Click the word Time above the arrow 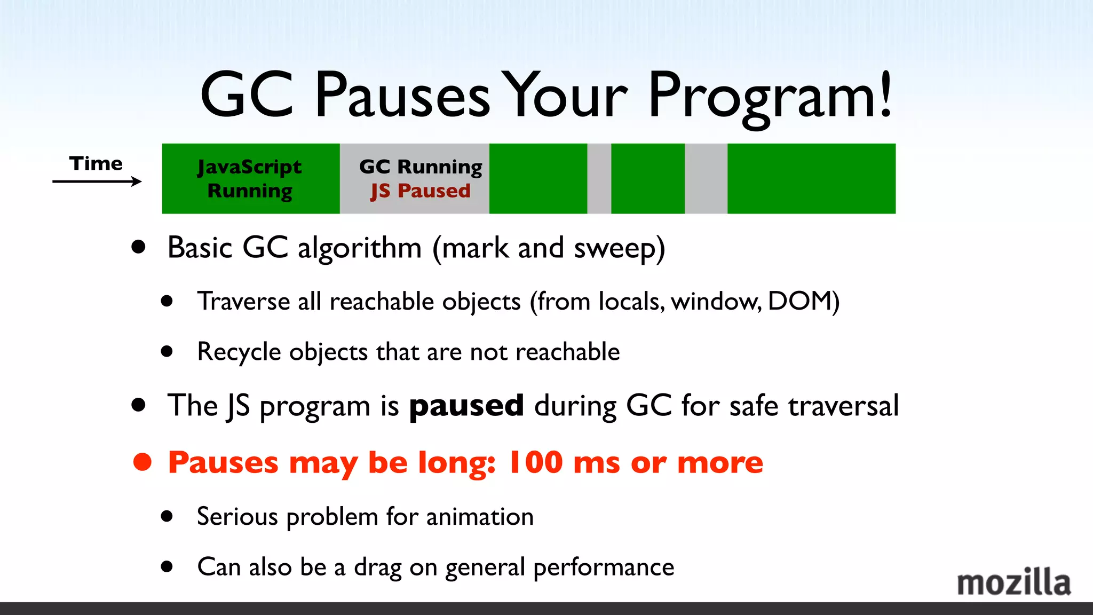[x=96, y=163]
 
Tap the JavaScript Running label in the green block [x=250, y=179]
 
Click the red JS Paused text [x=421, y=191]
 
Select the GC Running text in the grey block [x=421, y=167]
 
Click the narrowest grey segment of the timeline [x=599, y=179]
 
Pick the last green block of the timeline [x=811, y=179]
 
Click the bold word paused [x=466, y=406]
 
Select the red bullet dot [x=142, y=462]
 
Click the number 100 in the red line [x=535, y=462]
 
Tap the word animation [x=480, y=517]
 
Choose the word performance [x=604, y=567]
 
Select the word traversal [x=843, y=406]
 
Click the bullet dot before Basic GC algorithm [x=139, y=247]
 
